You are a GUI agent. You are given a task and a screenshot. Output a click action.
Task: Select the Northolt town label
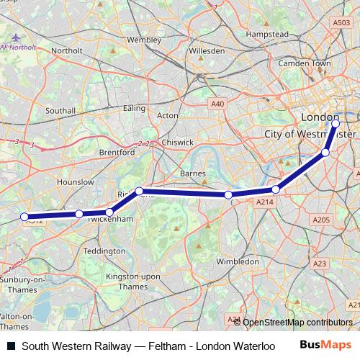click(67, 50)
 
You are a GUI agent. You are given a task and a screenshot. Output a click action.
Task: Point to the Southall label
click(60, 111)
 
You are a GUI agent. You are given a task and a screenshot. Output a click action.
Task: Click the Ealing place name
click(134, 108)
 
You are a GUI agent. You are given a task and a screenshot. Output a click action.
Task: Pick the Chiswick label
click(177, 143)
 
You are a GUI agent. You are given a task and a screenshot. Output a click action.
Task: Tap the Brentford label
click(117, 153)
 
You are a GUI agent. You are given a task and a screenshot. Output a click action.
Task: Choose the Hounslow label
click(75, 183)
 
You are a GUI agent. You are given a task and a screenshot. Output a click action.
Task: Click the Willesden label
click(207, 51)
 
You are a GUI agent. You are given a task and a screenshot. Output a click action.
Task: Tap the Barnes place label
click(193, 174)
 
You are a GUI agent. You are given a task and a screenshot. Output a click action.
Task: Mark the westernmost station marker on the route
click(24, 217)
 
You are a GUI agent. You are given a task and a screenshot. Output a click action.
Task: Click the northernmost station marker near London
click(336, 123)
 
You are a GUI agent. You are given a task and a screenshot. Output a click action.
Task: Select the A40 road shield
click(217, 104)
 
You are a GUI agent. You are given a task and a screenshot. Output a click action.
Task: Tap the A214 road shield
click(264, 204)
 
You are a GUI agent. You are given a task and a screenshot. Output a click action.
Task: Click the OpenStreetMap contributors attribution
click(297, 323)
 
